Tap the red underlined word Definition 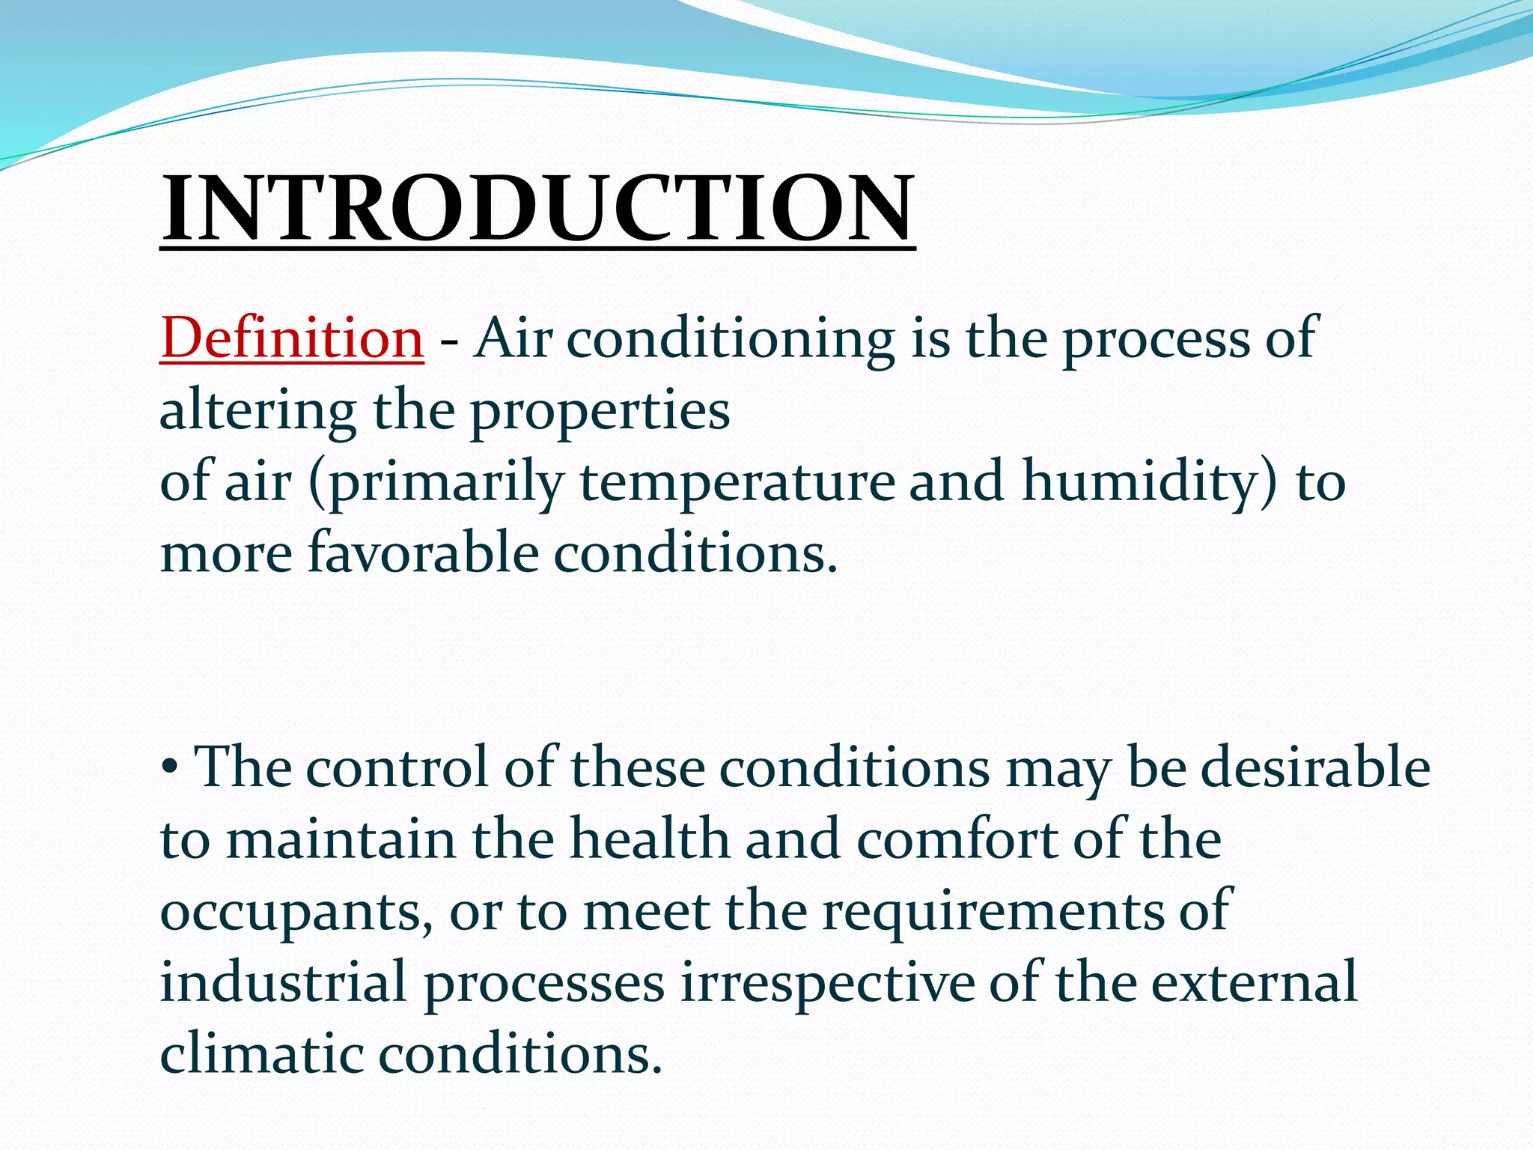point(292,338)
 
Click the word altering point(257,412)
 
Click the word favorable point(423,553)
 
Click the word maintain point(341,839)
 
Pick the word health point(650,839)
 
